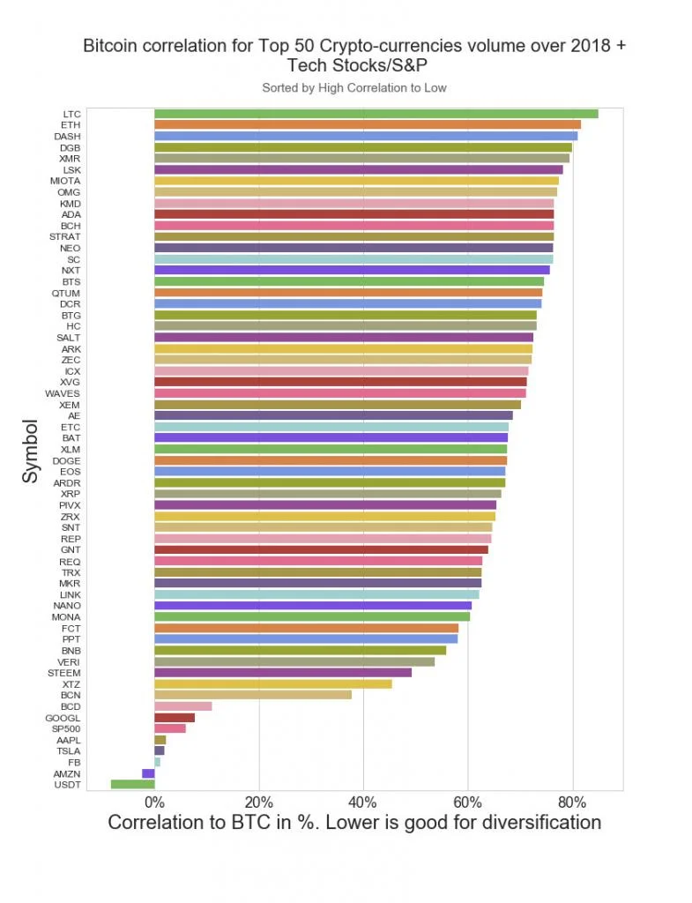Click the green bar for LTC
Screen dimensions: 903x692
pos(376,114)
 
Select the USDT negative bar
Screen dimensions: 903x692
pos(132,784)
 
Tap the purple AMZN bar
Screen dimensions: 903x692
pos(148,773)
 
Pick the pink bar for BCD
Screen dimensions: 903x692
pos(182,706)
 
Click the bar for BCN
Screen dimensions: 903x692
pos(252,695)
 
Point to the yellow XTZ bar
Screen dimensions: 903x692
pos(272,683)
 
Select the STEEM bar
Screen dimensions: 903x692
pos(282,673)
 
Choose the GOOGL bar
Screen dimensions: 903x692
pos(174,718)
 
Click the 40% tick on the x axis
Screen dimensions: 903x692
pos(362,802)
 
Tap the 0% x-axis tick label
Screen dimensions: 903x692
pos(154,802)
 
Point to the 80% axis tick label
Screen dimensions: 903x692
pos(572,802)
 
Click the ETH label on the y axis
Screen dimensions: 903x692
pos(71,125)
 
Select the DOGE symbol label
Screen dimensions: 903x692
pos(66,460)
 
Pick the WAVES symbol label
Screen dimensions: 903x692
pos(63,393)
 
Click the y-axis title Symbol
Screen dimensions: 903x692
pos(31,450)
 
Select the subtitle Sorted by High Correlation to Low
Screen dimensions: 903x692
pos(353,87)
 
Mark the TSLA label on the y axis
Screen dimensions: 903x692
pos(68,751)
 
